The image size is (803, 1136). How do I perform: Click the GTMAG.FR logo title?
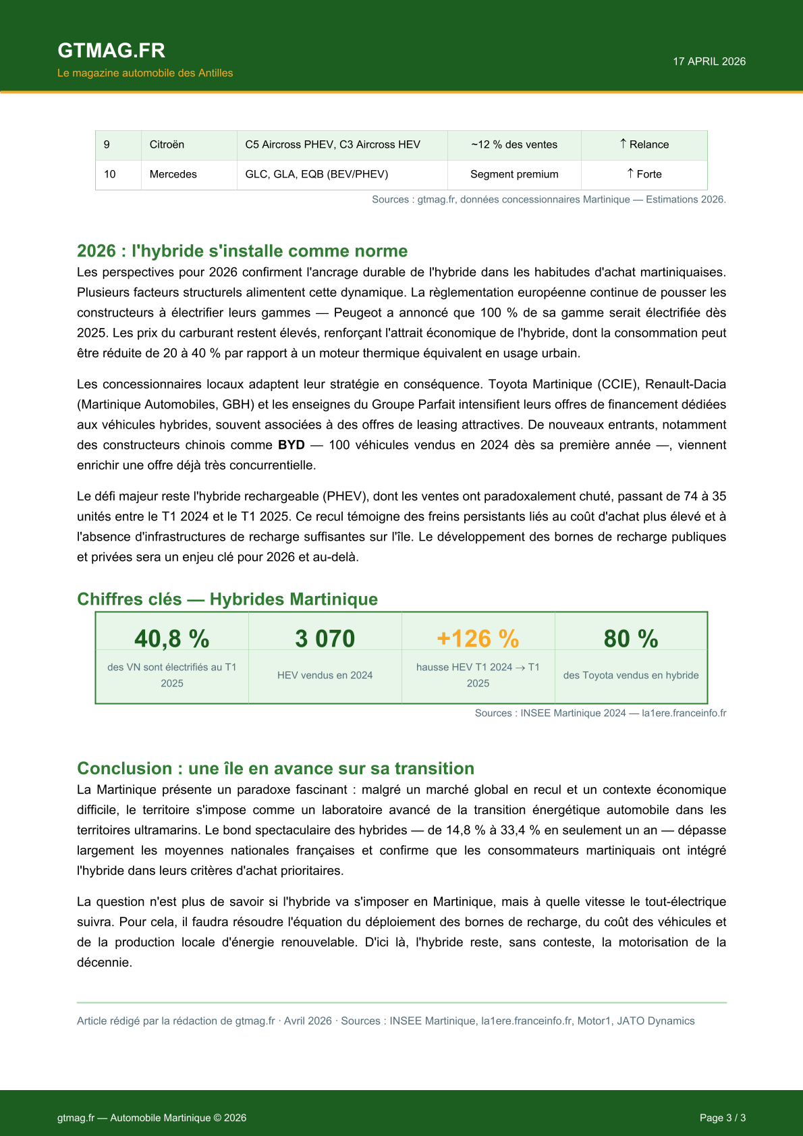111,51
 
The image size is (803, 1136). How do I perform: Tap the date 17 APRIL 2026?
709,61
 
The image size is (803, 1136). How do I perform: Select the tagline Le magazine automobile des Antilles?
145,73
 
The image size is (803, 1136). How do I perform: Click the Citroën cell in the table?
167,144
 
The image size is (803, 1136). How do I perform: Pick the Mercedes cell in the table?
173,174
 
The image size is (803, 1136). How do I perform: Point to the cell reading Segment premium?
514,174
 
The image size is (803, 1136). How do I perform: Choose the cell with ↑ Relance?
644,144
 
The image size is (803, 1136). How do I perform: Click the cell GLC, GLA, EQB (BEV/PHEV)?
316,174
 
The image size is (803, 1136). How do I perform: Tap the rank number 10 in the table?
110,174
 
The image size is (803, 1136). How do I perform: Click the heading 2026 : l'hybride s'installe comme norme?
242,251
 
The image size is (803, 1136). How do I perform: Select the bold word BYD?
292,445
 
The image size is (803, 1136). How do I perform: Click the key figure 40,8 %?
172,639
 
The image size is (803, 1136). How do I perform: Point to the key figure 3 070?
325,639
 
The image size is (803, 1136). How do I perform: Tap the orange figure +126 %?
478,639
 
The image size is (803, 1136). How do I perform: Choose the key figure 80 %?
631,639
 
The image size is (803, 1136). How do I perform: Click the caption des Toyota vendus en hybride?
631,675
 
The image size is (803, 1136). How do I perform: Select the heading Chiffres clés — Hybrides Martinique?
227,599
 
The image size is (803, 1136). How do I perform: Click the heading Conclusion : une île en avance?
275,769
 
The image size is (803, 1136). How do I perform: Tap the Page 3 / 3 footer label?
723,1118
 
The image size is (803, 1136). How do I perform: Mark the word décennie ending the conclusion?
104,963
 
